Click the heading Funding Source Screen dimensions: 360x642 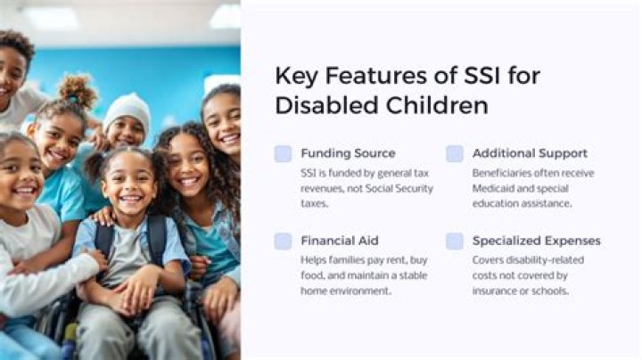click(x=348, y=153)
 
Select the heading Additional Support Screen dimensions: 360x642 click(x=530, y=153)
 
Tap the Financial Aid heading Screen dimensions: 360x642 click(x=339, y=241)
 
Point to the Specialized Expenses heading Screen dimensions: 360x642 click(x=536, y=241)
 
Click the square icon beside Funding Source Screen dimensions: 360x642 click(x=283, y=153)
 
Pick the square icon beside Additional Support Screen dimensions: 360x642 click(x=455, y=153)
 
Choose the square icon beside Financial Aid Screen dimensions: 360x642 click(x=283, y=241)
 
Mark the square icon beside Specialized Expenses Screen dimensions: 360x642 click(x=455, y=241)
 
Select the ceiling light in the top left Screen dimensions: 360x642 click(x=48, y=16)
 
